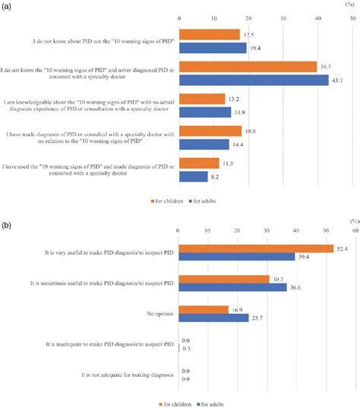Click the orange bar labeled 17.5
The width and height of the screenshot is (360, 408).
(x=209, y=34)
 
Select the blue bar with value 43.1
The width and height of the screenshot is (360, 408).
(x=253, y=80)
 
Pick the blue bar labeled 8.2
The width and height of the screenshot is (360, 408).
(x=193, y=176)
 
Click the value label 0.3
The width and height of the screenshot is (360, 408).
(x=187, y=349)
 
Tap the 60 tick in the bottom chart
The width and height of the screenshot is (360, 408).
(x=354, y=231)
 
